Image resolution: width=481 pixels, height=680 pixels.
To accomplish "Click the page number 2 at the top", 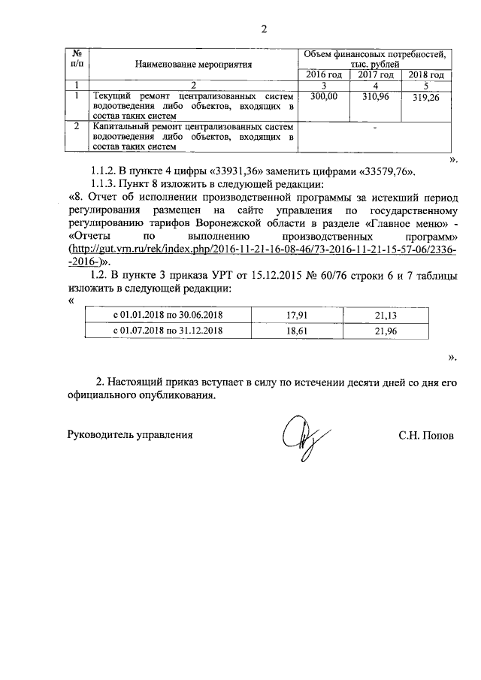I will coord(263,30).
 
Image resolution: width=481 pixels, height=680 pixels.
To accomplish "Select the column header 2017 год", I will coord(375,75).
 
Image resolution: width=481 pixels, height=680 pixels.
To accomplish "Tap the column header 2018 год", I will coord(426,75).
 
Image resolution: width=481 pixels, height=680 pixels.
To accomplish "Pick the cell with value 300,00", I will coord(324,97).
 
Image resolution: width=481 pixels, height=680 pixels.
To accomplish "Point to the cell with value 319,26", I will coord(426,98).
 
